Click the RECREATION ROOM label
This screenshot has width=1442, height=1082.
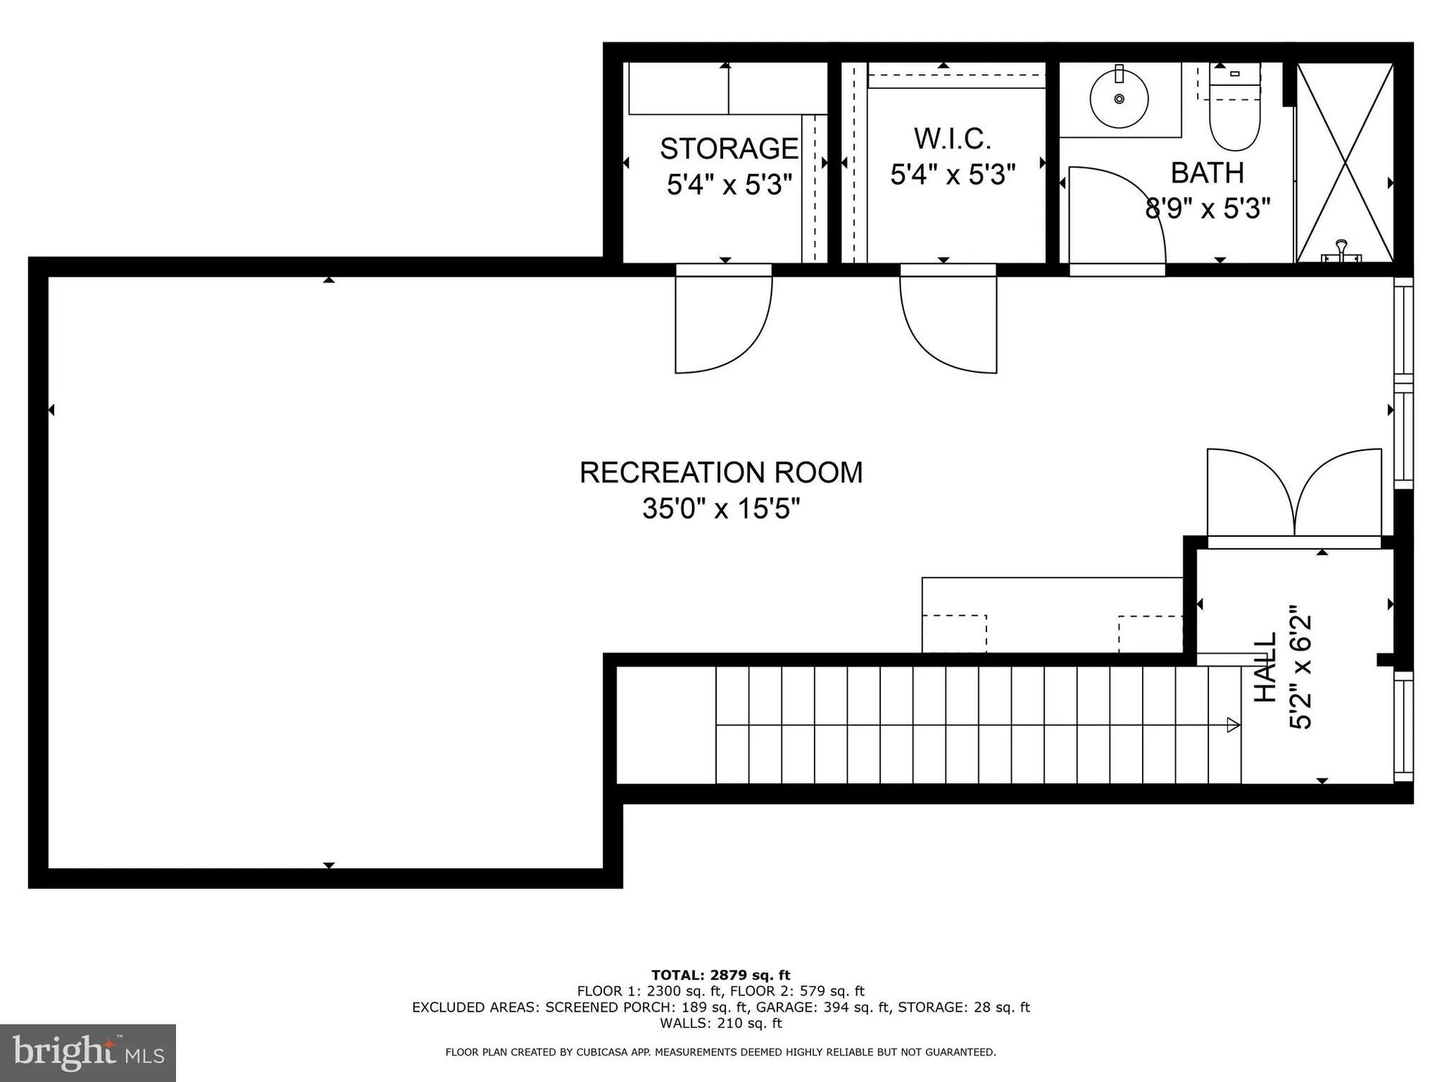(721, 472)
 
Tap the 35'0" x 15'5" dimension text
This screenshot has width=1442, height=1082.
(721, 509)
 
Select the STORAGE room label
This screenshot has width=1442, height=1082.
(729, 149)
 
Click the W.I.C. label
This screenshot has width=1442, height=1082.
(952, 138)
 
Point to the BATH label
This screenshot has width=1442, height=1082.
(1207, 173)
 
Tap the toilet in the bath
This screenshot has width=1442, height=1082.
(1234, 115)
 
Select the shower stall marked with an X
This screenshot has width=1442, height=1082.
(1345, 162)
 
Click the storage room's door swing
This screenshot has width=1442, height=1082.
(721, 325)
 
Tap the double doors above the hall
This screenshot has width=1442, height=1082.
(1294, 494)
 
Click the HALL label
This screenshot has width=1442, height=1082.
(1265, 667)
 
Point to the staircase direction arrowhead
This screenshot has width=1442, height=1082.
(1234, 725)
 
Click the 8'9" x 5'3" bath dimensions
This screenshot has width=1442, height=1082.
(1207, 209)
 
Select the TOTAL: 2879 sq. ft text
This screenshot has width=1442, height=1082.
(721, 975)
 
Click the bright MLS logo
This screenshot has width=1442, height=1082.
(88, 1053)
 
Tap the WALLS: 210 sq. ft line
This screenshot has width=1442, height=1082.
(721, 1023)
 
